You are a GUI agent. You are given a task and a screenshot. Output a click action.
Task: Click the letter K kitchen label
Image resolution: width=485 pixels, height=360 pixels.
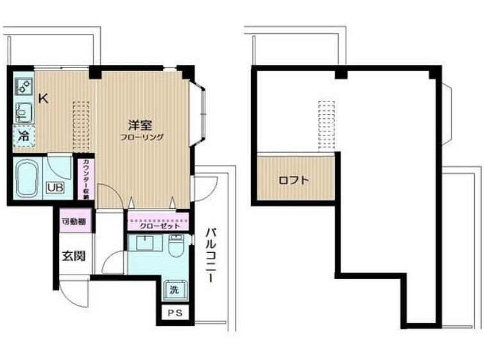click(x=43, y=98)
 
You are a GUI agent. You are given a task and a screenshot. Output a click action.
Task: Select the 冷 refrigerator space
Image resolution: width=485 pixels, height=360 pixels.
click(x=24, y=136)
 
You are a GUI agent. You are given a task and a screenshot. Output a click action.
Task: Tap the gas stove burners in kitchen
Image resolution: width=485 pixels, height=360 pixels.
click(x=23, y=87)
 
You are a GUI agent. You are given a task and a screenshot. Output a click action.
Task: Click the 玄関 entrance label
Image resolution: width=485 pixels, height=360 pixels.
click(x=72, y=256)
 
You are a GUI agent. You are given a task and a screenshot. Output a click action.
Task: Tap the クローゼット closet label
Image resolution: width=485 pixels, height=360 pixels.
click(x=158, y=225)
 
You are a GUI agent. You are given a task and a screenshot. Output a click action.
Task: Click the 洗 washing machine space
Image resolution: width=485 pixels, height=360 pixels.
click(x=174, y=289)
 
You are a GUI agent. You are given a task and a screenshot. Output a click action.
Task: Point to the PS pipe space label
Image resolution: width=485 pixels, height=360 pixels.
click(x=174, y=314)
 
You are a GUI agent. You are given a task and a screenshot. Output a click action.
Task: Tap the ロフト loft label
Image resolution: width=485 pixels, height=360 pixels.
click(x=293, y=180)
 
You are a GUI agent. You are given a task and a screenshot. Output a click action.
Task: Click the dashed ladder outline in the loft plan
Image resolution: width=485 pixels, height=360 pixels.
click(x=328, y=125)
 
